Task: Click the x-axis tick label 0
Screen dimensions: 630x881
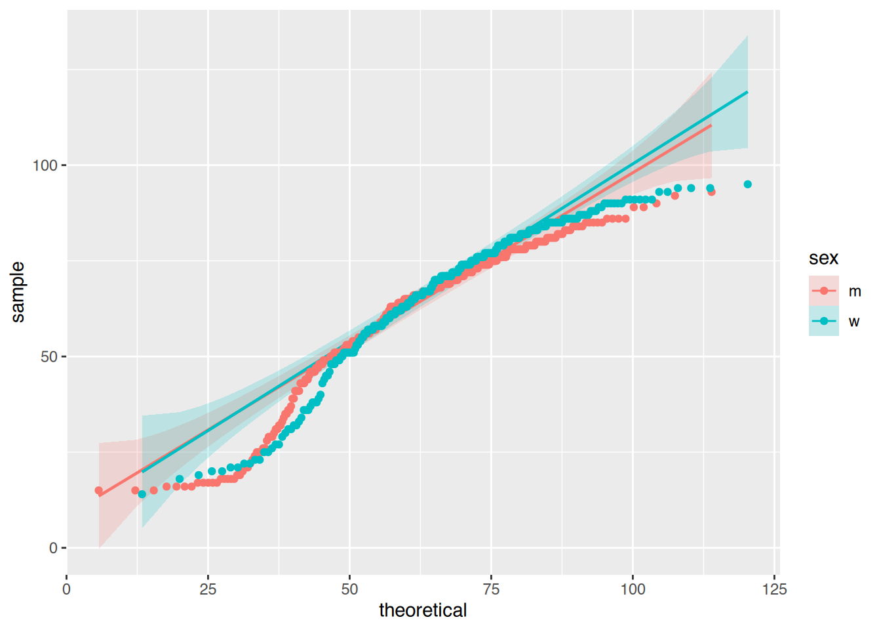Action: [x=66, y=589]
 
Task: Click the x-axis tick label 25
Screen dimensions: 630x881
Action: [x=208, y=589]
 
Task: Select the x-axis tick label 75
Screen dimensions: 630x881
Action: [x=491, y=589]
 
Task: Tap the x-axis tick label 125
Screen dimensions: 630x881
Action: [x=775, y=589]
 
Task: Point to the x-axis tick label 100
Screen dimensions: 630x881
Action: [x=633, y=589]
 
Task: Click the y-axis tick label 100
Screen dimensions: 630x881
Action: [x=45, y=165]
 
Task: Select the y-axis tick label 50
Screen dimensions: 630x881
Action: [x=49, y=357]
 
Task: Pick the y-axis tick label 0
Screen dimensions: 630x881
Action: [x=54, y=548]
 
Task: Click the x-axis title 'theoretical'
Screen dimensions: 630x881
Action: [x=423, y=610]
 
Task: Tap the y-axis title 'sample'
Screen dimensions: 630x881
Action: [x=18, y=292]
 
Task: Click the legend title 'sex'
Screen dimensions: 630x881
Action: [x=823, y=258]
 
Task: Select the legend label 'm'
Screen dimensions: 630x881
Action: [x=855, y=291]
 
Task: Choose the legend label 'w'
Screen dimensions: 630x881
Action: [x=854, y=322]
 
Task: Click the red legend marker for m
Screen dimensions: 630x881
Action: [x=824, y=291]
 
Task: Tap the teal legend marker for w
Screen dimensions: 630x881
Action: [x=824, y=321]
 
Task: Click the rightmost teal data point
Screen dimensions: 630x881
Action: [x=748, y=184]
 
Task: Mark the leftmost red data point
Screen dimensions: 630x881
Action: [x=99, y=491]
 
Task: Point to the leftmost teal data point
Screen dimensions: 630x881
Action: [x=142, y=494]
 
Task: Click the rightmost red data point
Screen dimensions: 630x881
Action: [x=711, y=192]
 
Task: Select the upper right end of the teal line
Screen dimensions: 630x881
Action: [x=747, y=92]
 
